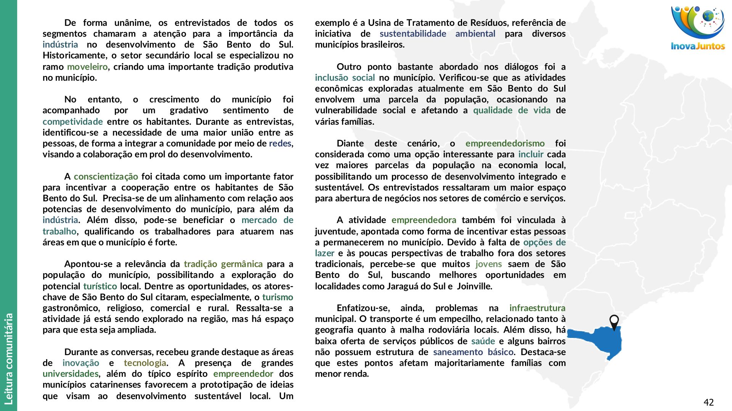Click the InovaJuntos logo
(697, 28)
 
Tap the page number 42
(708, 402)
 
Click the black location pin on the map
(614, 322)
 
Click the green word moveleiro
(87, 67)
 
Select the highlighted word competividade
(72, 122)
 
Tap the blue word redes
(280, 143)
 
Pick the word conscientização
(106, 177)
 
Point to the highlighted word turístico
(100, 286)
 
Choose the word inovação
(81, 363)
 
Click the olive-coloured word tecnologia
(145, 363)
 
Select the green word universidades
(71, 374)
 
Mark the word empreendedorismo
(505, 143)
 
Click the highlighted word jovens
(488, 264)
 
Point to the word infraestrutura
(537, 308)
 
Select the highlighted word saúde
(483, 341)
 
